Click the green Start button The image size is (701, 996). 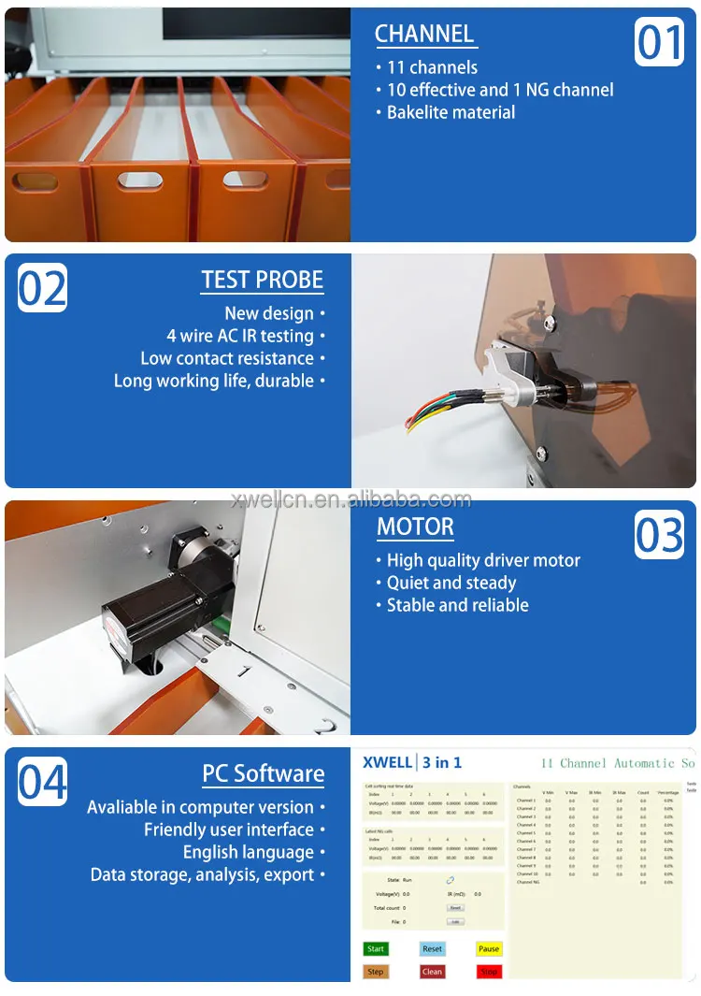pyautogui.click(x=376, y=948)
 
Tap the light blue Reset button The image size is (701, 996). pyautogui.click(x=432, y=948)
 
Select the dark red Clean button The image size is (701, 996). pyautogui.click(x=432, y=972)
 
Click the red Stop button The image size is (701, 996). pyautogui.click(x=489, y=972)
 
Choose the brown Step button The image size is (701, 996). pyautogui.click(x=376, y=972)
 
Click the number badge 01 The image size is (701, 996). pyautogui.click(x=659, y=42)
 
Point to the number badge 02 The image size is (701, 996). pyautogui.click(x=43, y=288)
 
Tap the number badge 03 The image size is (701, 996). pyautogui.click(x=659, y=535)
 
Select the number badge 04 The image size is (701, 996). pyautogui.click(x=43, y=782)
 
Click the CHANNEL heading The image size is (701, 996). pyautogui.click(x=424, y=35)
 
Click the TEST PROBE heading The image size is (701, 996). pyautogui.click(x=263, y=281)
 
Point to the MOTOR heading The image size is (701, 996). pyautogui.click(x=415, y=527)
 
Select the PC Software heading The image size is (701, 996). pyautogui.click(x=264, y=774)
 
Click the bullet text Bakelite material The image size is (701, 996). pyautogui.click(x=451, y=112)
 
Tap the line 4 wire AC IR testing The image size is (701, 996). pyautogui.click(x=240, y=336)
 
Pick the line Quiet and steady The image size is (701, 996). pyautogui.click(x=451, y=583)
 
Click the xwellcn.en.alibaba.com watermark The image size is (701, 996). pyautogui.click(x=351, y=499)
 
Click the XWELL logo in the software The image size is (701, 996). pyautogui.click(x=386, y=763)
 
